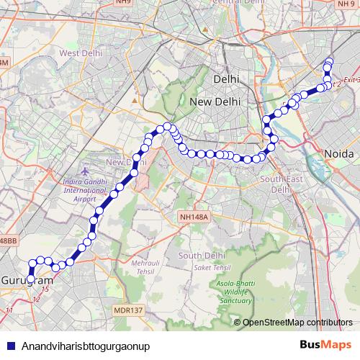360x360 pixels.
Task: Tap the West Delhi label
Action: coord(78,53)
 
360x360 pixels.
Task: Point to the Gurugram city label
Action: coord(23,279)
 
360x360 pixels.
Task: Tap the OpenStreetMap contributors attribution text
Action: coord(297,323)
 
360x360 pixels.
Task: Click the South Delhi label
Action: coord(198,256)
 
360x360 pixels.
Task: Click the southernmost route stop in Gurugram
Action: coord(31,279)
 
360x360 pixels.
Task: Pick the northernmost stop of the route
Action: coord(330,60)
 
